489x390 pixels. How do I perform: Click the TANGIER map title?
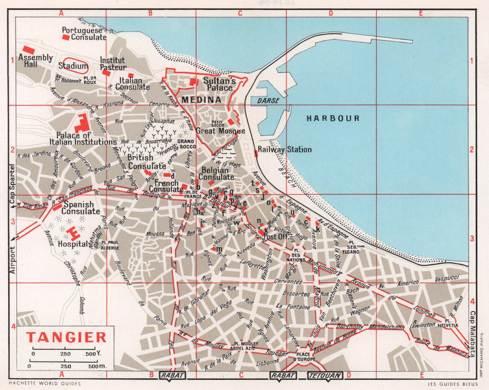(x=66, y=337)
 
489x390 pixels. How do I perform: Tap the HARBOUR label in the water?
(x=333, y=118)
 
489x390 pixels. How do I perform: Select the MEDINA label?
(x=201, y=100)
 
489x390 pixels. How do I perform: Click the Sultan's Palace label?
(x=219, y=84)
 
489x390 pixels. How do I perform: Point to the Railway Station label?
(x=285, y=150)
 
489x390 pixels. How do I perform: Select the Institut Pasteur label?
(x=113, y=64)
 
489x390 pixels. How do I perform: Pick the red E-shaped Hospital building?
(x=74, y=233)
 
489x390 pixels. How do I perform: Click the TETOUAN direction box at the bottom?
(x=325, y=376)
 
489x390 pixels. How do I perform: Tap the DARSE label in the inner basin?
(x=267, y=101)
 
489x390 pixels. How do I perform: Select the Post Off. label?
(x=276, y=237)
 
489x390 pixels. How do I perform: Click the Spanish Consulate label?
(x=81, y=208)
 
